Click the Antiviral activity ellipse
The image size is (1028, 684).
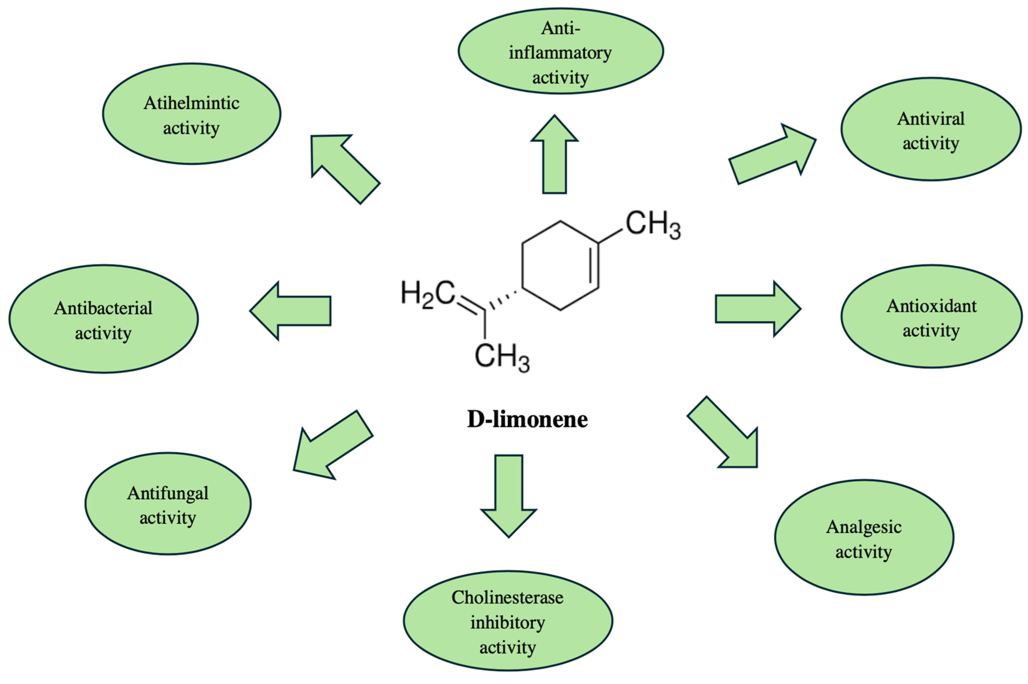(x=930, y=129)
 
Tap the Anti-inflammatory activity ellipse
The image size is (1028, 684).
(x=561, y=51)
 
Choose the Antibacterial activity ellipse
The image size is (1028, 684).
(x=103, y=319)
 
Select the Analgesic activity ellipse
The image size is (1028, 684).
(x=864, y=538)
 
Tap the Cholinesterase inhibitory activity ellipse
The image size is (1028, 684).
(x=508, y=621)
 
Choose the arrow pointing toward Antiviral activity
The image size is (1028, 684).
(x=772, y=155)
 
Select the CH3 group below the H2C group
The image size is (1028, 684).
(x=502, y=357)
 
